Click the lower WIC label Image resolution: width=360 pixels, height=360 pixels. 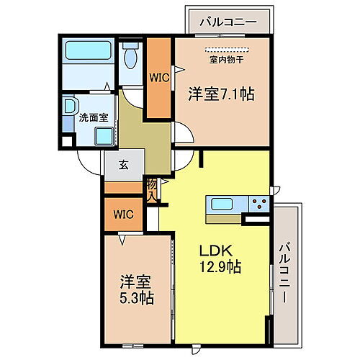(x=122, y=214)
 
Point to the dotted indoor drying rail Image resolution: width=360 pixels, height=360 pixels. (x=228, y=50)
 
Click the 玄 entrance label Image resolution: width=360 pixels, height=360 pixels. (x=123, y=165)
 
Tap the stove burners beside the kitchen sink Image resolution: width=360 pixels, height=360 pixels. (x=260, y=203)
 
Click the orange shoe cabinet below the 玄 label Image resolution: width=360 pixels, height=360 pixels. (x=124, y=188)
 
